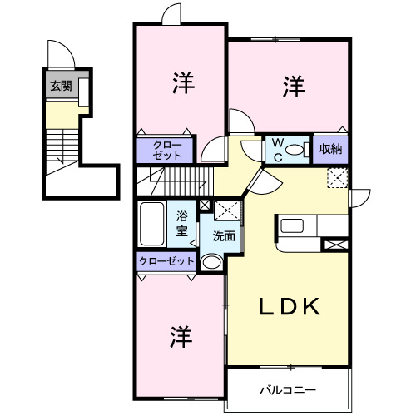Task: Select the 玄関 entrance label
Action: (x=60, y=86)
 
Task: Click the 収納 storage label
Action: (x=331, y=150)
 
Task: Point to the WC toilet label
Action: (x=275, y=149)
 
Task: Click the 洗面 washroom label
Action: (x=223, y=235)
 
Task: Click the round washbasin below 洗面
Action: (x=212, y=263)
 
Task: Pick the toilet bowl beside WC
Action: (x=251, y=147)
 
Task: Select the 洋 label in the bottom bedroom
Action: (x=181, y=336)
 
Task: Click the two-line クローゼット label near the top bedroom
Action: (x=166, y=150)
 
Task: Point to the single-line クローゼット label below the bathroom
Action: (x=166, y=261)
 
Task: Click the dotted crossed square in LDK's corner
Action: (x=338, y=177)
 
